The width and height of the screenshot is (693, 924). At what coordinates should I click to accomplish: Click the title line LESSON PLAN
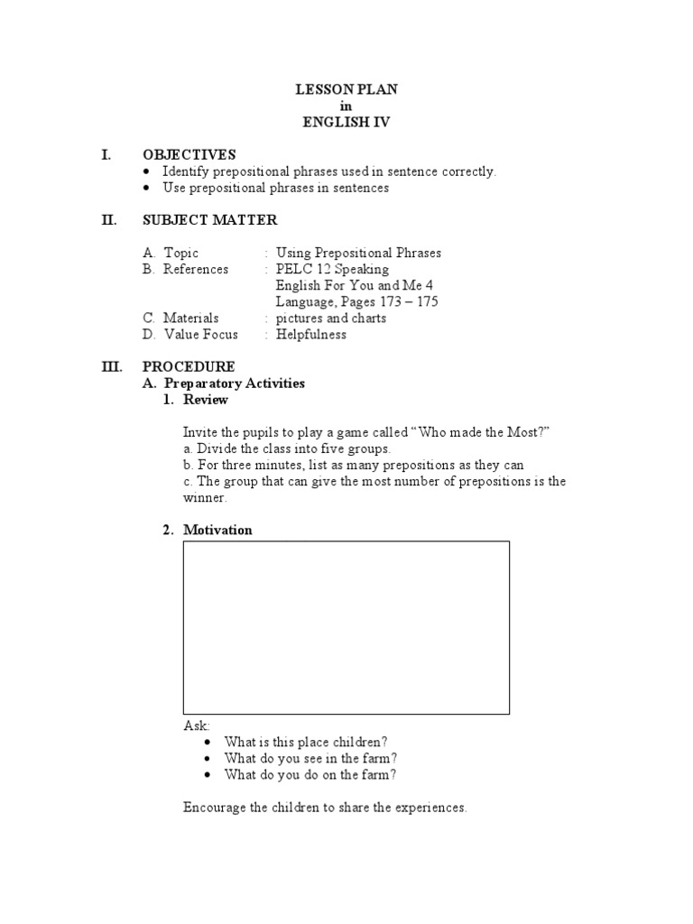tap(346, 90)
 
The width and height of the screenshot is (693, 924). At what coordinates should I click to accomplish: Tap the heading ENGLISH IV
tap(346, 123)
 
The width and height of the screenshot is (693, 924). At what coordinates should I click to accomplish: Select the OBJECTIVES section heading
tap(189, 155)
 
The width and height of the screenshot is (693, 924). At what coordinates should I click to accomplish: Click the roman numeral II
tap(109, 220)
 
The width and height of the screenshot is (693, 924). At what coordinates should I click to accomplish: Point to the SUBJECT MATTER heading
tap(209, 220)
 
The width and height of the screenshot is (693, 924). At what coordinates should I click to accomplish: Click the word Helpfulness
tap(310, 335)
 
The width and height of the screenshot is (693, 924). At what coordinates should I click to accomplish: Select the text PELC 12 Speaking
tap(332, 270)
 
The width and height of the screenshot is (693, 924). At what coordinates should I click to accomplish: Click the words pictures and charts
tap(330, 319)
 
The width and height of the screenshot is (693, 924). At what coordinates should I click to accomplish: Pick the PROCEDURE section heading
tap(189, 367)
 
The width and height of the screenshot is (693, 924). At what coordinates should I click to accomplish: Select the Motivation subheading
tap(217, 530)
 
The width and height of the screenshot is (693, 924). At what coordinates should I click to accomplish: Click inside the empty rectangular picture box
tap(346, 627)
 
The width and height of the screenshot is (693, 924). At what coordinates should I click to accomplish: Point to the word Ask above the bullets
tap(195, 725)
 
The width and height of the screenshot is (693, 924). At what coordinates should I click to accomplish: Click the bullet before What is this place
tap(208, 742)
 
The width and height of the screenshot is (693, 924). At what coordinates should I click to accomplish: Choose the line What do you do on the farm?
tap(310, 774)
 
